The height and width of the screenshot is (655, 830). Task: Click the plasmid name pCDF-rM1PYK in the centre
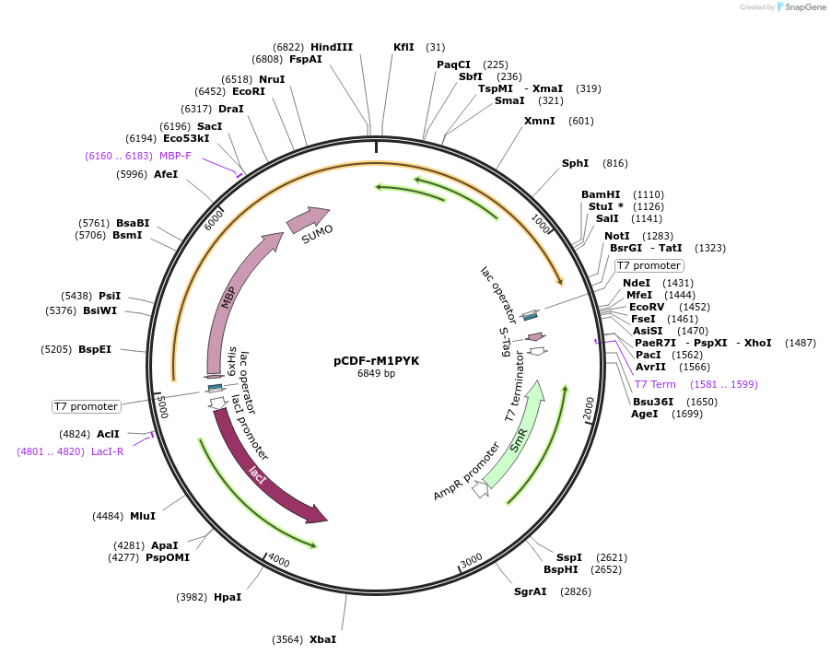[376, 360]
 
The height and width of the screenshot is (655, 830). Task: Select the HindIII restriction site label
[332, 47]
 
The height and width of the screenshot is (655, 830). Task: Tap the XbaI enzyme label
[322, 639]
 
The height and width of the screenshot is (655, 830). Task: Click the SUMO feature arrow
[309, 219]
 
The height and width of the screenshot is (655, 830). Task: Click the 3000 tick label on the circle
[471, 560]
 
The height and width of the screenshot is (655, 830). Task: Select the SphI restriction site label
[575, 163]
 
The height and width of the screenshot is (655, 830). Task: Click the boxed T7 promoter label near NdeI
[649, 265]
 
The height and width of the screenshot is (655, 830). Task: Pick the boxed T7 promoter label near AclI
[86, 406]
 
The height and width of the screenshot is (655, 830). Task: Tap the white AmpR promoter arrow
[480, 490]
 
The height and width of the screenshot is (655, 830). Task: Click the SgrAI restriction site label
[531, 591]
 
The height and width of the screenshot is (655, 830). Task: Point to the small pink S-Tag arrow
[535, 337]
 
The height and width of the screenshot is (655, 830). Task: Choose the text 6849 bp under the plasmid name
[376, 373]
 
